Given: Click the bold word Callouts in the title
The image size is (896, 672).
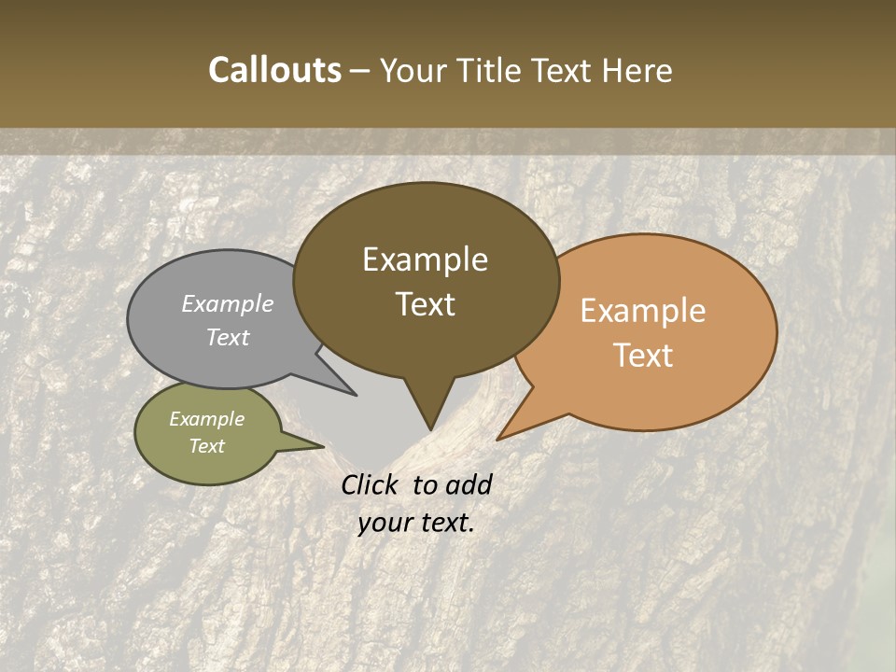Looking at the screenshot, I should pos(274,70).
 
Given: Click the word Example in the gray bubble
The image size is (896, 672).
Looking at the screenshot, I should pos(228,303).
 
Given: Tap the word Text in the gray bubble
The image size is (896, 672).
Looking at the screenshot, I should pos(228,337).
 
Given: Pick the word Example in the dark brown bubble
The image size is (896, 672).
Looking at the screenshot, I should pos(425,259).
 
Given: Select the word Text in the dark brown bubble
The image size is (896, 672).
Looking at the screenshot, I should pos(426,304).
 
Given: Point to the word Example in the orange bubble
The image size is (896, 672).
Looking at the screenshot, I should pos(643,311).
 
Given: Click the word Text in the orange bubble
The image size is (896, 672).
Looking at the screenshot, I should pos(644,355).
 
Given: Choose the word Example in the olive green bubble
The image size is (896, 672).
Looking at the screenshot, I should pos(206,419).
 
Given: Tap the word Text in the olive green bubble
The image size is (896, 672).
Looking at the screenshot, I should pos(206,446).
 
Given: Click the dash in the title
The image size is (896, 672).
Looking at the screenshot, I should pos(361,70).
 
